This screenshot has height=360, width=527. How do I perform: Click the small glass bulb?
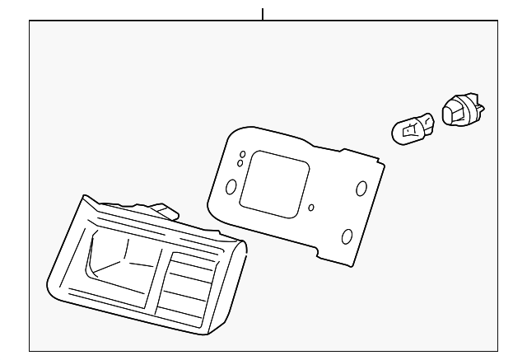409,130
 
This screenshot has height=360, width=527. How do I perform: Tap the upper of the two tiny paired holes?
242,154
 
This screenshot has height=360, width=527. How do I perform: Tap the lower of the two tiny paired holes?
240,163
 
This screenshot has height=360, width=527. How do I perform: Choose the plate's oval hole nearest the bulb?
361,189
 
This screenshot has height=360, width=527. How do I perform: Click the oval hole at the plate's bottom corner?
347,237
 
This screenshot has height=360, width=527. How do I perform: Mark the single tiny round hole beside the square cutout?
310,208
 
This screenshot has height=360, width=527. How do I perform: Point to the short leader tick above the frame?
263,14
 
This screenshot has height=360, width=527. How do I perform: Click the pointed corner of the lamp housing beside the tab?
84,198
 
